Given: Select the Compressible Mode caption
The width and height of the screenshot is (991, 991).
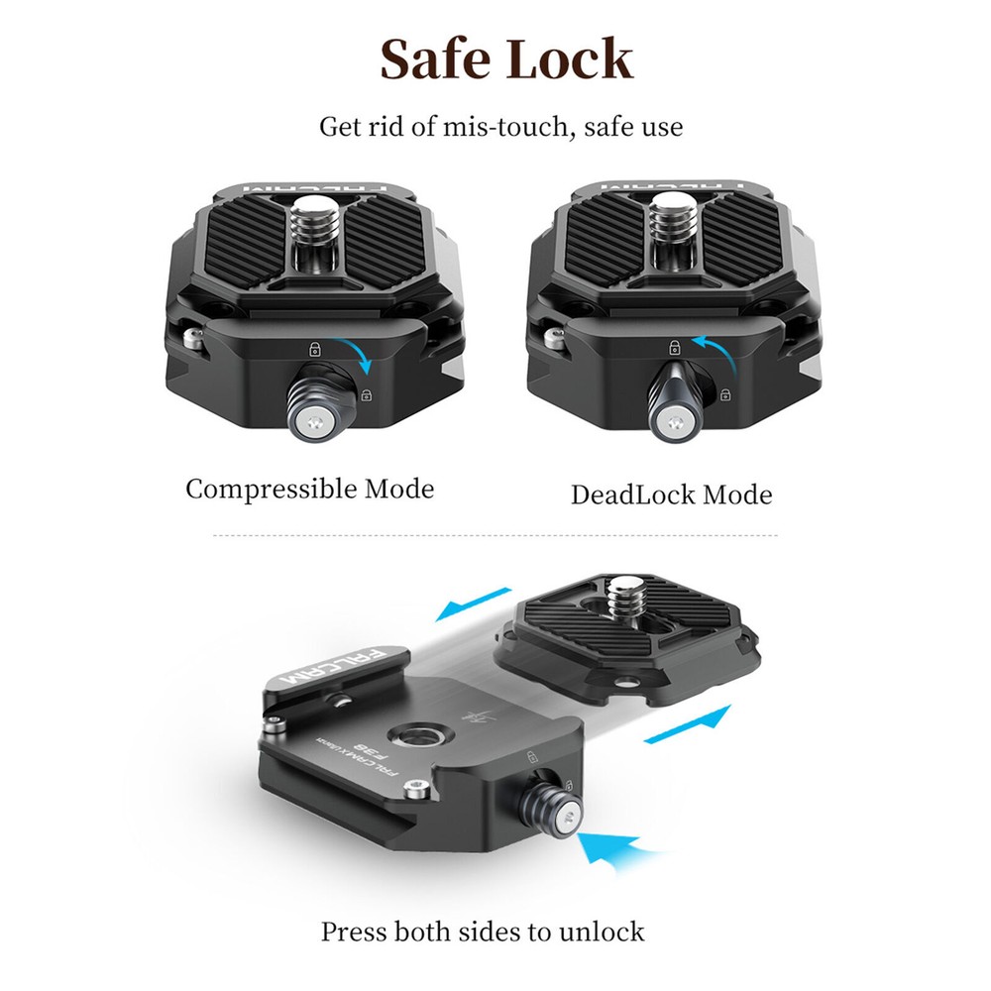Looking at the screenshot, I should point(309,489).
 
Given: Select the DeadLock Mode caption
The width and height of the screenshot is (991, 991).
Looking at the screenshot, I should point(671,495).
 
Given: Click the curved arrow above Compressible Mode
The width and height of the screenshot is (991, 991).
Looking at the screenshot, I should point(358,355).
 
